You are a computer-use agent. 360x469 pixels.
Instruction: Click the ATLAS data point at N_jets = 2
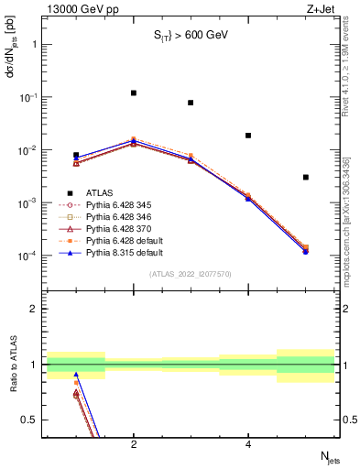(x=134, y=93)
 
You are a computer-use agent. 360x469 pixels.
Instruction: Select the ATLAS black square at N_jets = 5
(x=306, y=177)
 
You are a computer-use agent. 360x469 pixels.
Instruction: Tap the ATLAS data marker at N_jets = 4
(x=248, y=136)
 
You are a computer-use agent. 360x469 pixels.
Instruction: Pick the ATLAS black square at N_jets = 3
(x=191, y=103)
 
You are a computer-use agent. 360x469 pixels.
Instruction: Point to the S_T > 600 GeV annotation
(x=190, y=35)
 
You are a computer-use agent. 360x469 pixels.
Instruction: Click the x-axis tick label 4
(x=248, y=445)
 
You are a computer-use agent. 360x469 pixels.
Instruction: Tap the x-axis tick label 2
(x=134, y=445)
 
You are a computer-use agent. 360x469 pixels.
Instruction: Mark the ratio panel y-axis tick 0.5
(x=32, y=420)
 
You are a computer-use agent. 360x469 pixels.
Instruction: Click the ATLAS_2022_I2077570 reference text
(x=190, y=274)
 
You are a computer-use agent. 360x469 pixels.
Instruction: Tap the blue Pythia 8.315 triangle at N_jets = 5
(x=306, y=250)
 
